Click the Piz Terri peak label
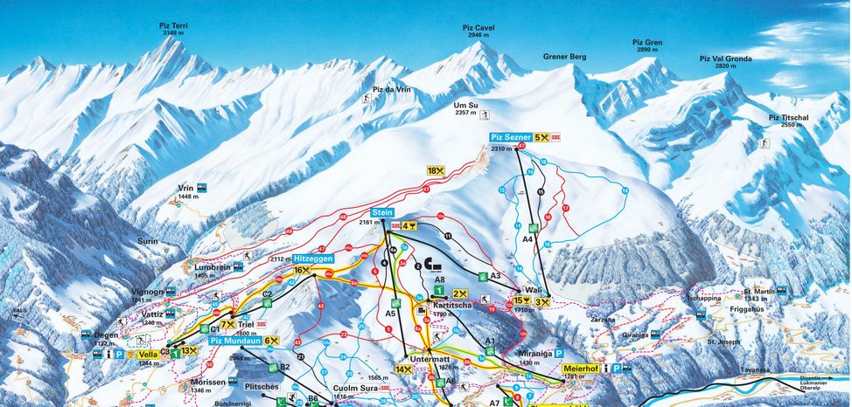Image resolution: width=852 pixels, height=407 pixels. click(173, 27)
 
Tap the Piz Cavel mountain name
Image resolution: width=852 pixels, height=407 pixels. click(478, 28)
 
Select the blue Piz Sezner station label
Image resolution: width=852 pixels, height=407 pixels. click(510, 137)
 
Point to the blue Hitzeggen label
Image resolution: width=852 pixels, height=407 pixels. click(314, 259)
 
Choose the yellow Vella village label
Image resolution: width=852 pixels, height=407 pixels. click(148, 355)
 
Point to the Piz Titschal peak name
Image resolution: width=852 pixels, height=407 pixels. click(789, 117)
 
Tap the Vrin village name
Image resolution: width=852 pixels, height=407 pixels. click(185, 188)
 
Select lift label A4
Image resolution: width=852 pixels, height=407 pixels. click(527, 238)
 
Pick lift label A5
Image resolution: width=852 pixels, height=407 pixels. click(391, 313)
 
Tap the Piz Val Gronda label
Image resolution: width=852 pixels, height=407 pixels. click(725, 59)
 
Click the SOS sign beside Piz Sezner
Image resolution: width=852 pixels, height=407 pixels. click(555, 137)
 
